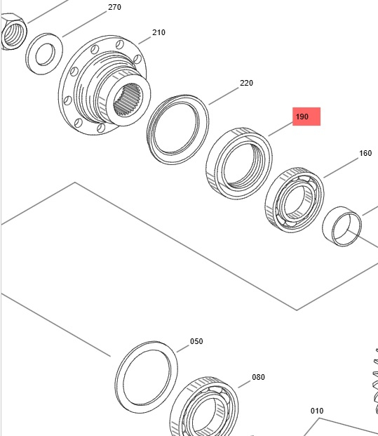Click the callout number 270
click(114, 7)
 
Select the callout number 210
click(158, 32)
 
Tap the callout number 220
click(246, 83)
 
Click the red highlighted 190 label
click(306, 117)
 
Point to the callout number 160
click(365, 153)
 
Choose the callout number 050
click(196, 341)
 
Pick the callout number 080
click(258, 377)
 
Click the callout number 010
click(317, 411)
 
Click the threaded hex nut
click(14, 32)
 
